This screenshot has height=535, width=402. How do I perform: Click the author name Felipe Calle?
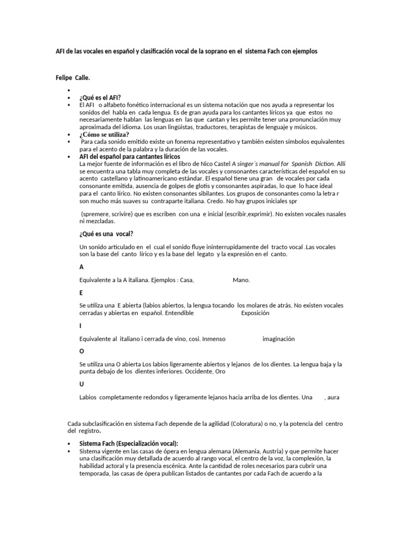(73, 78)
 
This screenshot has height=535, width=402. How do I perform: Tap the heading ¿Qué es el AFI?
(100, 98)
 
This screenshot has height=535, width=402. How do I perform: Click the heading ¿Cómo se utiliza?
(104, 134)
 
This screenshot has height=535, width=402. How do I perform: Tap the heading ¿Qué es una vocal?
(109, 234)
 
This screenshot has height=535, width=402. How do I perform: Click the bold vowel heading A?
(81, 266)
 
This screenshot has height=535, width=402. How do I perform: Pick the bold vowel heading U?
(81, 384)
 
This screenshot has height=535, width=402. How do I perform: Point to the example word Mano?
(241, 280)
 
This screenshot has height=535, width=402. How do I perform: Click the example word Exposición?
(255, 313)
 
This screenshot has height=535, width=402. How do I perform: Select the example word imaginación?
(278, 339)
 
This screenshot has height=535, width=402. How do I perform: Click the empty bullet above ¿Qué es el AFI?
(69, 90)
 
